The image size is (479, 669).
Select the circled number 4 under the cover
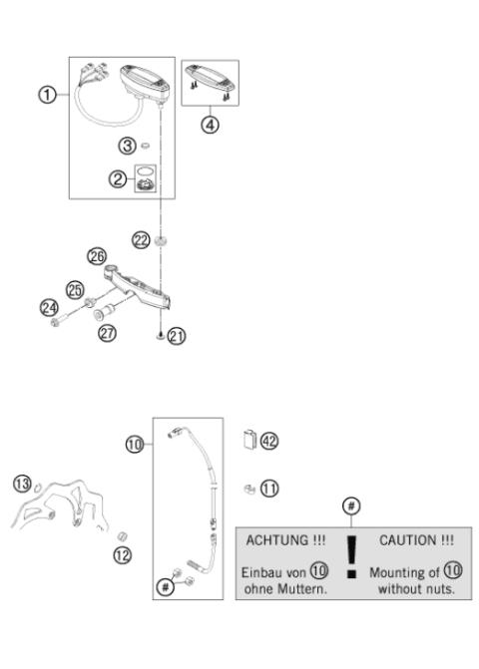click(210, 127)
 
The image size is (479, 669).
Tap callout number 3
click(127, 146)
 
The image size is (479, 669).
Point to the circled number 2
click(119, 178)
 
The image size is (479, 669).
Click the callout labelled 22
click(142, 239)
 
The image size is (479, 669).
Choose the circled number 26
click(97, 256)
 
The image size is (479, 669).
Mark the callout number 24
click(50, 308)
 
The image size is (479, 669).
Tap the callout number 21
click(177, 336)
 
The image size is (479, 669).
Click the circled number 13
click(21, 484)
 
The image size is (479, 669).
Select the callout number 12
click(121, 554)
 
